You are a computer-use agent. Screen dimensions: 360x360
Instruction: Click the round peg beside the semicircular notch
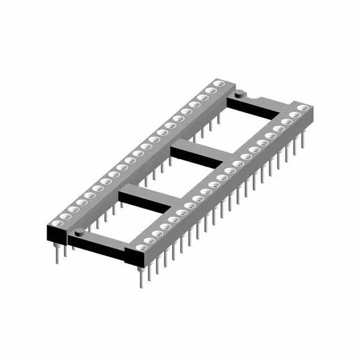click(239, 94)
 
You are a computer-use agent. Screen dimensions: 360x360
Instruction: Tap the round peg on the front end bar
click(79, 231)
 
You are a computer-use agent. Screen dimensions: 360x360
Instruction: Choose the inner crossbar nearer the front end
click(146, 197)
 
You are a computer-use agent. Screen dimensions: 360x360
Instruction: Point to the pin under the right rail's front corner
click(139, 278)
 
